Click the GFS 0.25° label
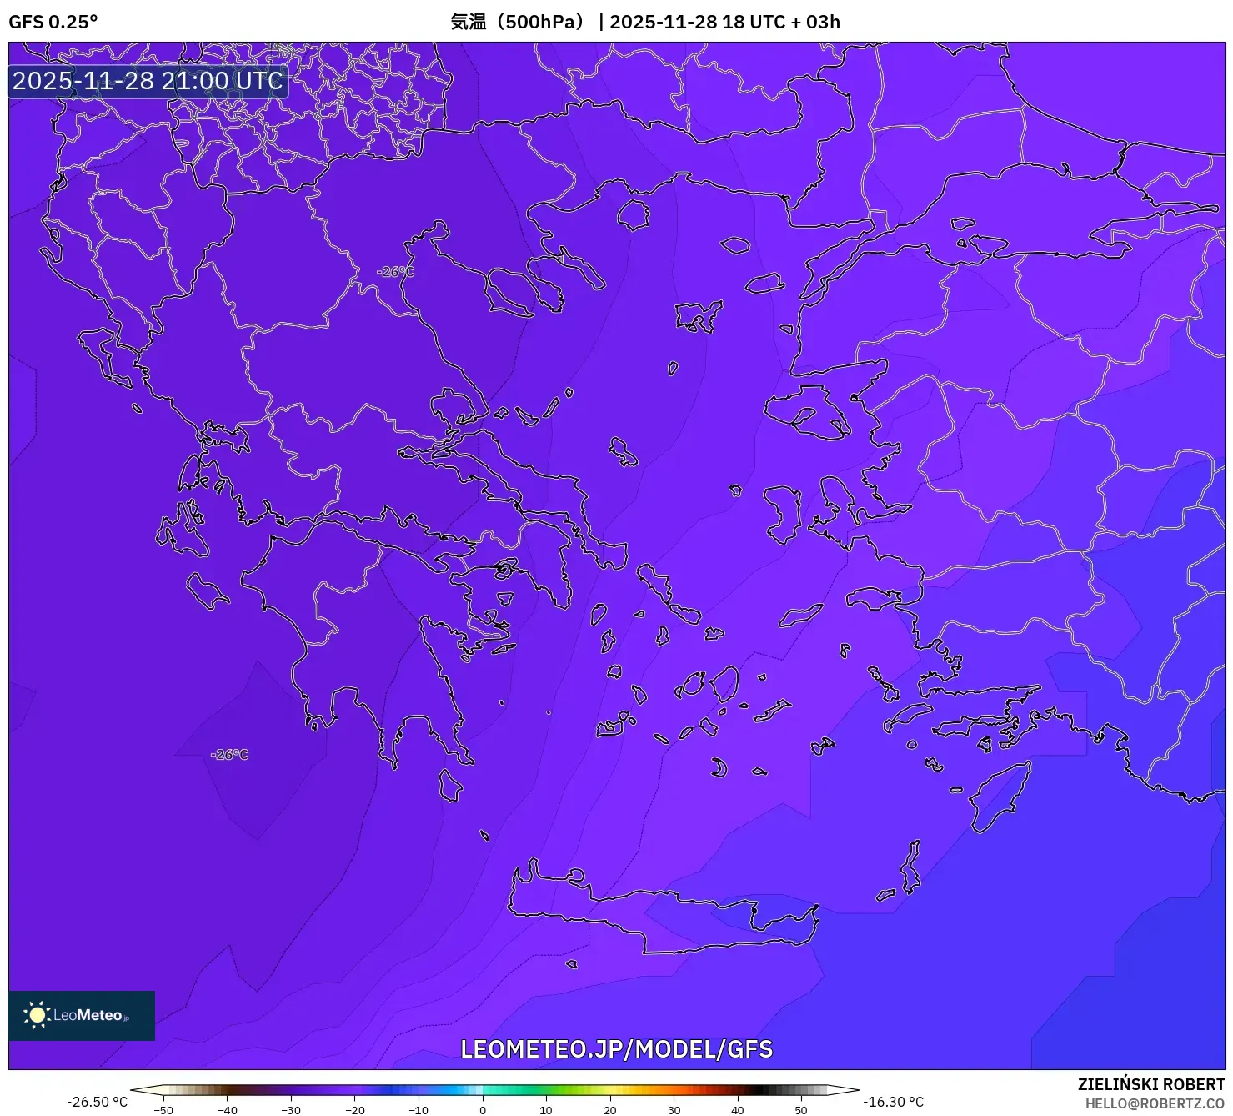(53, 22)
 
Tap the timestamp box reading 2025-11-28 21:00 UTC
(148, 81)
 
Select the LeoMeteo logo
(82, 1015)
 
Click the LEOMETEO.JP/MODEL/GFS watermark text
(616, 1049)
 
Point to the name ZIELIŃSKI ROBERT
(1150, 1084)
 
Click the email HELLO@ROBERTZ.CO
(1154, 1103)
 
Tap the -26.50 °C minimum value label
(97, 1102)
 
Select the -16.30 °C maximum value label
(893, 1102)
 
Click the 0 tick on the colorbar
(482, 1109)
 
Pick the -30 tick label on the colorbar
(290, 1110)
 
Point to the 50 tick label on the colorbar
(800, 1110)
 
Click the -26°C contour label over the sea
(230, 755)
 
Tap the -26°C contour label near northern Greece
(394, 272)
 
